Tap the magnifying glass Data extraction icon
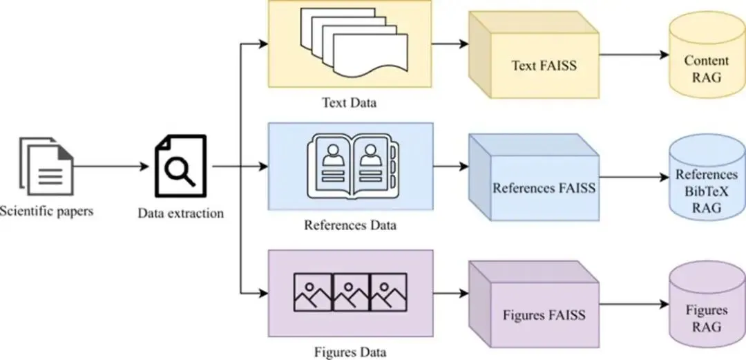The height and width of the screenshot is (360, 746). click(180, 167)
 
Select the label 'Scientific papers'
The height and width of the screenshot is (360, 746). click(46, 210)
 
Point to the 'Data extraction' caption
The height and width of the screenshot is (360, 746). click(181, 213)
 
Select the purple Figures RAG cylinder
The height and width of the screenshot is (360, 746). click(706, 311)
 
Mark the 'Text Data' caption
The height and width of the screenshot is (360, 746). click(350, 104)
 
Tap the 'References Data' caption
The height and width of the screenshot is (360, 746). click(350, 225)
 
